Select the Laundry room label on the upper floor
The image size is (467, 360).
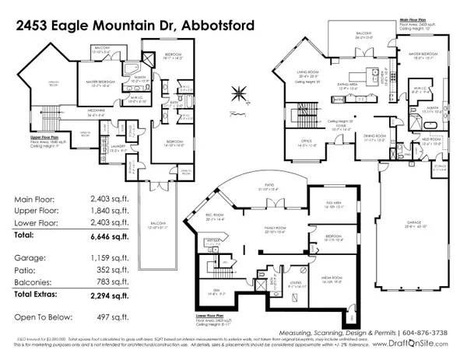coord(114,147)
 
